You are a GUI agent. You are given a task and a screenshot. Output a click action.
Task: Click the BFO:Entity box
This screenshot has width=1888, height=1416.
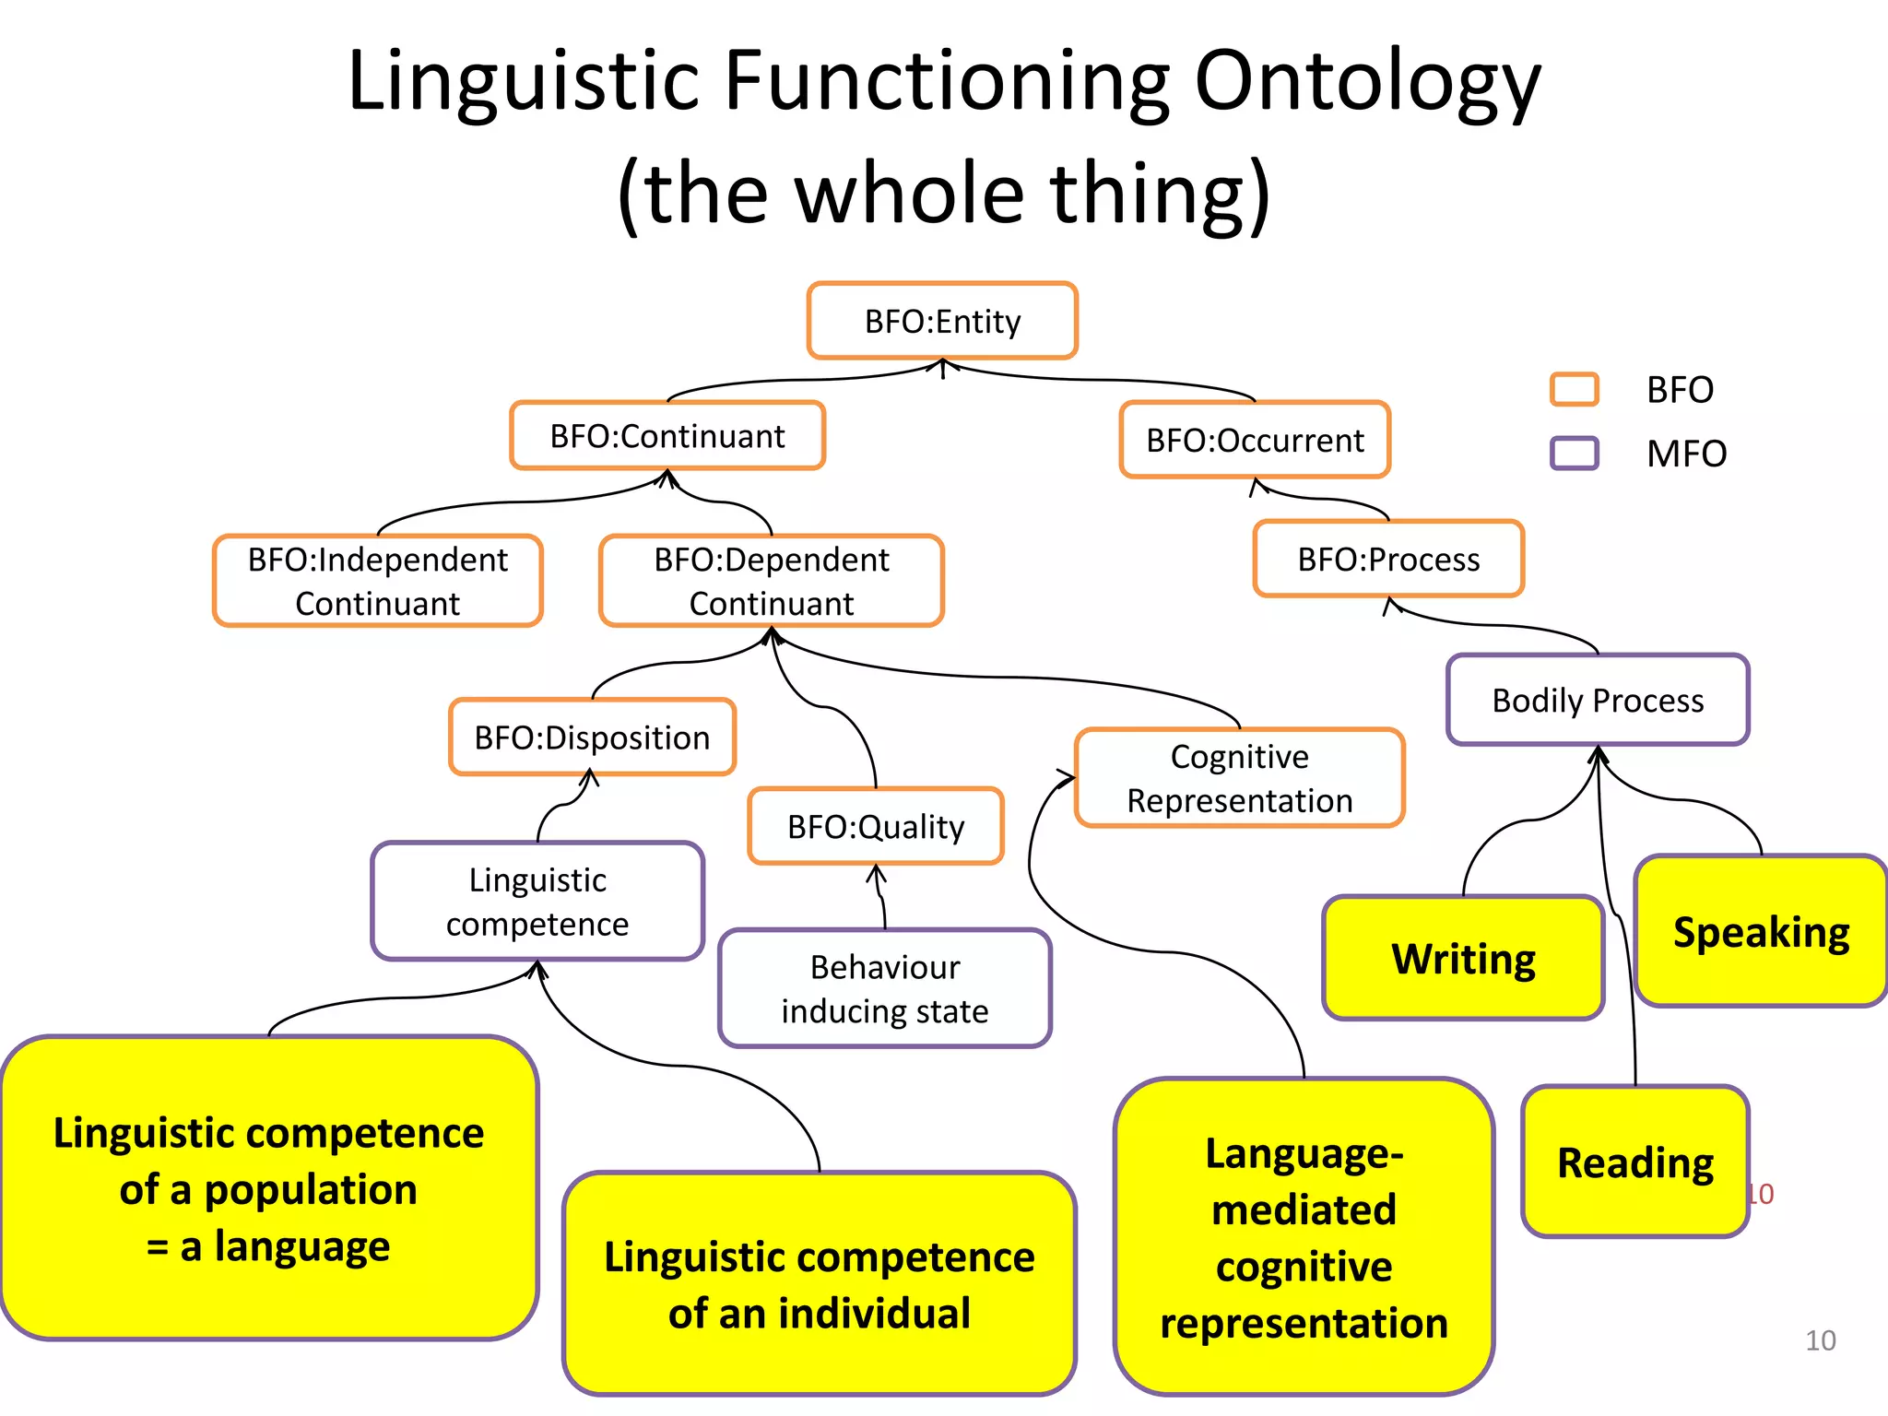(942, 321)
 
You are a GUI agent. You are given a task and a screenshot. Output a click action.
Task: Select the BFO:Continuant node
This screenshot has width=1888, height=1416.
(667, 436)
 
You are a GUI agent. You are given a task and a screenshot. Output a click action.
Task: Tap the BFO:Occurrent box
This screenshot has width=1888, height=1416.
(1255, 440)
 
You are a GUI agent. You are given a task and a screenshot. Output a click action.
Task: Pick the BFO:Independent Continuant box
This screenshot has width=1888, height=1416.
(377, 581)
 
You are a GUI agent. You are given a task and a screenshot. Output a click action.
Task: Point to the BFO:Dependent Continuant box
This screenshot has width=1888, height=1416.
(772, 581)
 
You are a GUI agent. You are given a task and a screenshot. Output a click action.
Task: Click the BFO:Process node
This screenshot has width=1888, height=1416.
(1388, 559)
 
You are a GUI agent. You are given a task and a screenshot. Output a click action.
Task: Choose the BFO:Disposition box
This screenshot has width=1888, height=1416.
(592, 737)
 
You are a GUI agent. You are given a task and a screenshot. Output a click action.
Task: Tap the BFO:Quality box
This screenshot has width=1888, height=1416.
(876, 826)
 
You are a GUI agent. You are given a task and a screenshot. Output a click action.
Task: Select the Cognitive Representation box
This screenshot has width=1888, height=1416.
(1239, 778)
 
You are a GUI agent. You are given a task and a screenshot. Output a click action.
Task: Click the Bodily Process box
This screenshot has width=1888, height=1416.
(1598, 700)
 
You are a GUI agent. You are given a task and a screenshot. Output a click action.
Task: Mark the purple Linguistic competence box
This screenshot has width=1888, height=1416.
(537, 902)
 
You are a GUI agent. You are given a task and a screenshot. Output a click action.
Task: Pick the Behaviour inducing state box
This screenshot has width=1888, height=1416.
(885, 988)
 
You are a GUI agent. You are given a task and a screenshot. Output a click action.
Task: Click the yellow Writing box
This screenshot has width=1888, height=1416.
(1463, 959)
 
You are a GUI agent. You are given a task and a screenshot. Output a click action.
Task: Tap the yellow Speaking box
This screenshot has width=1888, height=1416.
(1761, 931)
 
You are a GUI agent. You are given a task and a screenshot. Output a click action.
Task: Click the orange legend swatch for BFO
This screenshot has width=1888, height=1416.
(1574, 389)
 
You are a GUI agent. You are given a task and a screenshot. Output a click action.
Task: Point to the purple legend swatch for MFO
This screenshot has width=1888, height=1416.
(1574, 453)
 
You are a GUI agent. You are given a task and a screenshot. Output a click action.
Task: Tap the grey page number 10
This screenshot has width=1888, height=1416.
(1820, 1340)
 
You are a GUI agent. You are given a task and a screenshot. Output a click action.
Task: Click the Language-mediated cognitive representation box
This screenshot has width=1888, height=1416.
(1304, 1237)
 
